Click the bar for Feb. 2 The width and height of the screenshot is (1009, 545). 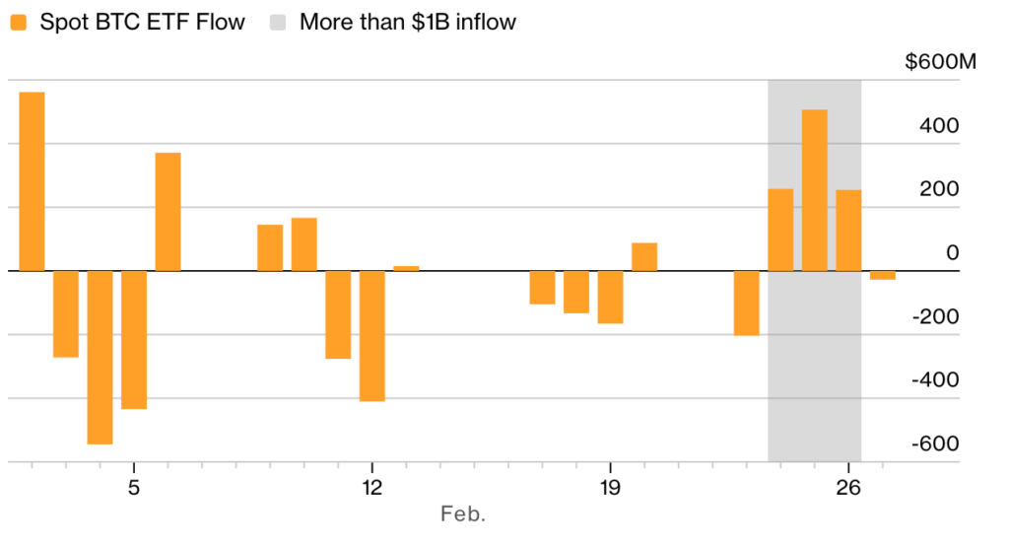coord(32,181)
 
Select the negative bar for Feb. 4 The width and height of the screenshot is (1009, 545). coord(100,357)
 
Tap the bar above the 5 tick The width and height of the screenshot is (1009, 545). coord(134,339)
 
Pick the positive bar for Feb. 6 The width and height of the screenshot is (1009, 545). coord(168,212)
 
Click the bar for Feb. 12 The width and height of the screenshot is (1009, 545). coord(371,335)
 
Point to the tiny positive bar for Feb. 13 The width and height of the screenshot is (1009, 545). coord(406,268)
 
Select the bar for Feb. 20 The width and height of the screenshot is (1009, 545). coord(644,256)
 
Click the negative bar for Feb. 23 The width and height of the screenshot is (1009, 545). coord(746,303)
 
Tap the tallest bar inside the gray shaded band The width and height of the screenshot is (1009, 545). coord(814,190)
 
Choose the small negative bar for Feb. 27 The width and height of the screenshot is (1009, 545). coord(882,275)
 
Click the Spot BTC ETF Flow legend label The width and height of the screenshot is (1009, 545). coord(142,22)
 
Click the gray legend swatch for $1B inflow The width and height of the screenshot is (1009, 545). coord(278,22)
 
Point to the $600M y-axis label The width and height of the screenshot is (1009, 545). coord(940,63)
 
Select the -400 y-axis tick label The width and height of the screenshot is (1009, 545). coord(938,380)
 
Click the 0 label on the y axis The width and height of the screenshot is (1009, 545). coord(952,253)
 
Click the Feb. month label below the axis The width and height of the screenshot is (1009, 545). coord(463,513)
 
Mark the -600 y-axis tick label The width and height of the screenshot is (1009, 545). coord(938,443)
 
